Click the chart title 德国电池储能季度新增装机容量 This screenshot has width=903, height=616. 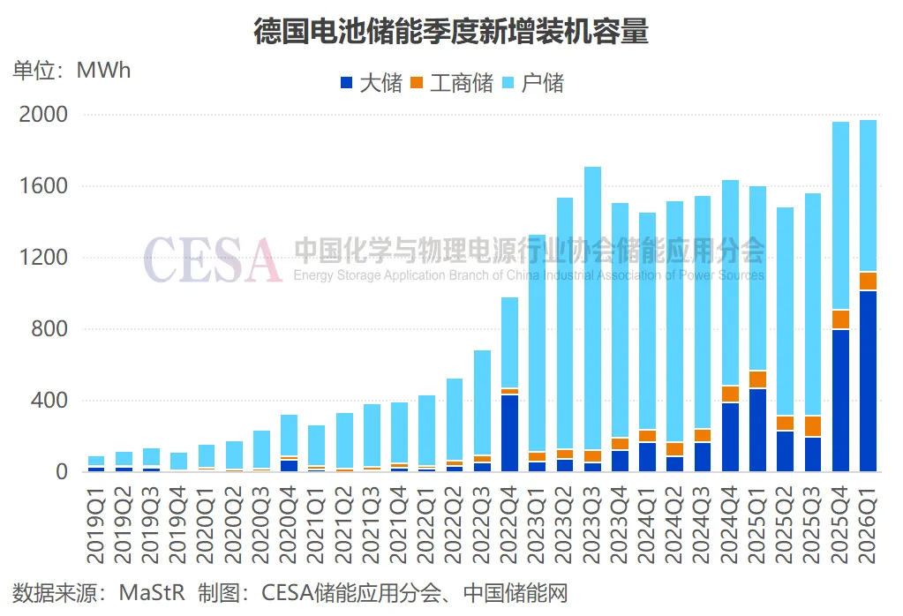pos(451,32)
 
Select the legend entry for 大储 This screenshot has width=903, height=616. pos(380,84)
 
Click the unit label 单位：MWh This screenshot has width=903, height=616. pos(71,70)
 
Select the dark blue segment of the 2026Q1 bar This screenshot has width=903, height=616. pos(868,380)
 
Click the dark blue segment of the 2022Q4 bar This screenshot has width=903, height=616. pos(509,432)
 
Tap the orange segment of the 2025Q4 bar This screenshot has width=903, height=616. pos(840,319)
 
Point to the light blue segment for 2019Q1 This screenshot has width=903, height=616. pos(96,461)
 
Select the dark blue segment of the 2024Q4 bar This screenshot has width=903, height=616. pos(730,437)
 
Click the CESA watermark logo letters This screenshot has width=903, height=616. pos(212,259)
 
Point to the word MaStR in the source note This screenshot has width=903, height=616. pos(151,592)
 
